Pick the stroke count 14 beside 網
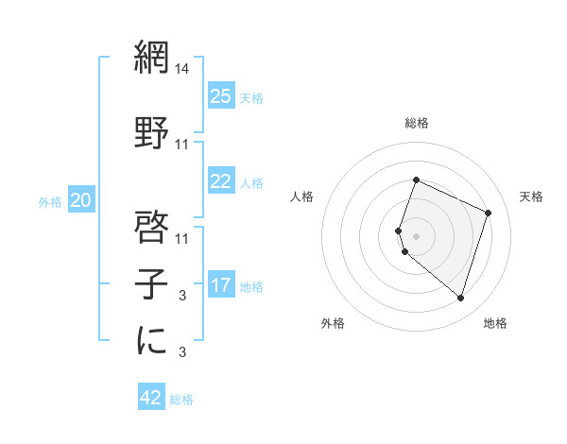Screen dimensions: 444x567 tap(183, 69)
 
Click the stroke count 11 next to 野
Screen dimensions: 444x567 tap(183, 145)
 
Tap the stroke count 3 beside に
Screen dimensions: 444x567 tap(183, 351)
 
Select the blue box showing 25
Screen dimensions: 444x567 tap(221, 95)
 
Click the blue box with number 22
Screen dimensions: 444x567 tap(221, 181)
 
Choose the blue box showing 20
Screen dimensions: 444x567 tap(81, 199)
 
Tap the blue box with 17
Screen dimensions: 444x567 tap(221, 285)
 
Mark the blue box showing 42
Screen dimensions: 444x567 tap(151, 398)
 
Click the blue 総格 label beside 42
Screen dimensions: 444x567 tap(181, 400)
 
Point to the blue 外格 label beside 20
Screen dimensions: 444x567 tap(50, 201)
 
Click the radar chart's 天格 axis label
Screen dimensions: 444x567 tap(532, 196)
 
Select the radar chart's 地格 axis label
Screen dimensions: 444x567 tap(495, 323)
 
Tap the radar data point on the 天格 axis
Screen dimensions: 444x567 tap(488, 213)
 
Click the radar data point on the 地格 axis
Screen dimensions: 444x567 tap(460, 298)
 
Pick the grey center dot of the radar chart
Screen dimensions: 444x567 tap(417, 235)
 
